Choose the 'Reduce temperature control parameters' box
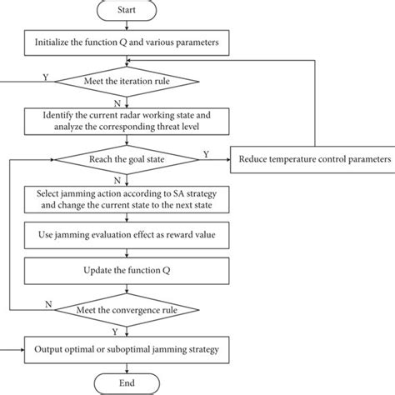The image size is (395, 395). pyautogui.click(x=313, y=159)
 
